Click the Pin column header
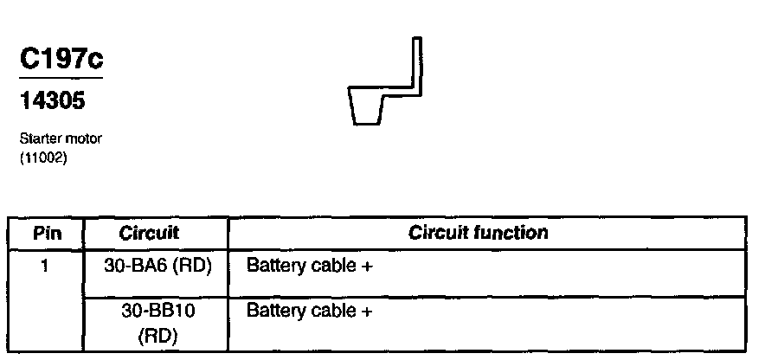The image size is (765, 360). (44, 233)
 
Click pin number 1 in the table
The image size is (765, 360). (44, 266)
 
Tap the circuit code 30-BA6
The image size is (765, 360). (132, 267)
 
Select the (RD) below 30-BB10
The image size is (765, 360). (156, 335)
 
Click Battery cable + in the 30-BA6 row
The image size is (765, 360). (310, 267)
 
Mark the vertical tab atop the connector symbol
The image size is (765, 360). (416, 61)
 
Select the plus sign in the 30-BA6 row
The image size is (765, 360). (367, 267)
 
